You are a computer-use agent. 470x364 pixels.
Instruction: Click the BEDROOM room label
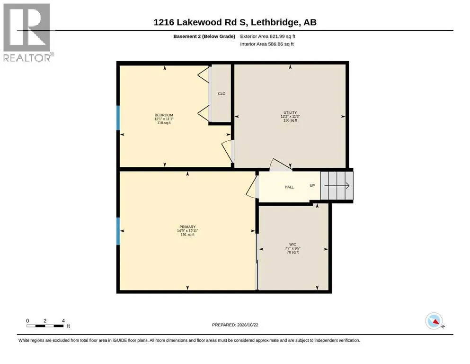[x=164, y=115]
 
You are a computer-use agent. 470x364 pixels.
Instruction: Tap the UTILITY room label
[x=290, y=112]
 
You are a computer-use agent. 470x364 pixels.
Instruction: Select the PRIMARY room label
[x=187, y=227]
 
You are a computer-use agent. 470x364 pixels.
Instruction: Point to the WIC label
[x=293, y=245]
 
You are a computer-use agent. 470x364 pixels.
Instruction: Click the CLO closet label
[x=222, y=94]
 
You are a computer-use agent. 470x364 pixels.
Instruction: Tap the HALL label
[x=289, y=187]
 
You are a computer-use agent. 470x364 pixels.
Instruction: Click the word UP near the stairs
[x=312, y=185]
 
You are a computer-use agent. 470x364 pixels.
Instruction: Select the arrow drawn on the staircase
[x=337, y=186]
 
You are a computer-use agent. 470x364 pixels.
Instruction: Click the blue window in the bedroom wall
[x=118, y=118]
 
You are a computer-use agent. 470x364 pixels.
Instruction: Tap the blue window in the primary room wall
[x=118, y=231]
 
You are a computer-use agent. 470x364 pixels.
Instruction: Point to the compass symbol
[x=435, y=321]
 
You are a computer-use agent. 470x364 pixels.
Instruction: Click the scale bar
[x=45, y=326]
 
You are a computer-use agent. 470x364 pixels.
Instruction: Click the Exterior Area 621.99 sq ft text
[x=268, y=36]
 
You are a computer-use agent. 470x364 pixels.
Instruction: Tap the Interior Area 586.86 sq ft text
[x=267, y=44]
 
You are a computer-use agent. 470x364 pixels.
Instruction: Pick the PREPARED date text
[x=235, y=325]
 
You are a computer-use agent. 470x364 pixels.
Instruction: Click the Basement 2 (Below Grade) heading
[x=204, y=36]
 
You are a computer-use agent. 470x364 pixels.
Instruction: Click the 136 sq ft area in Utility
[x=290, y=120]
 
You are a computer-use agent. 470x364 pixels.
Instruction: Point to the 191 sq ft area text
[x=187, y=235]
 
